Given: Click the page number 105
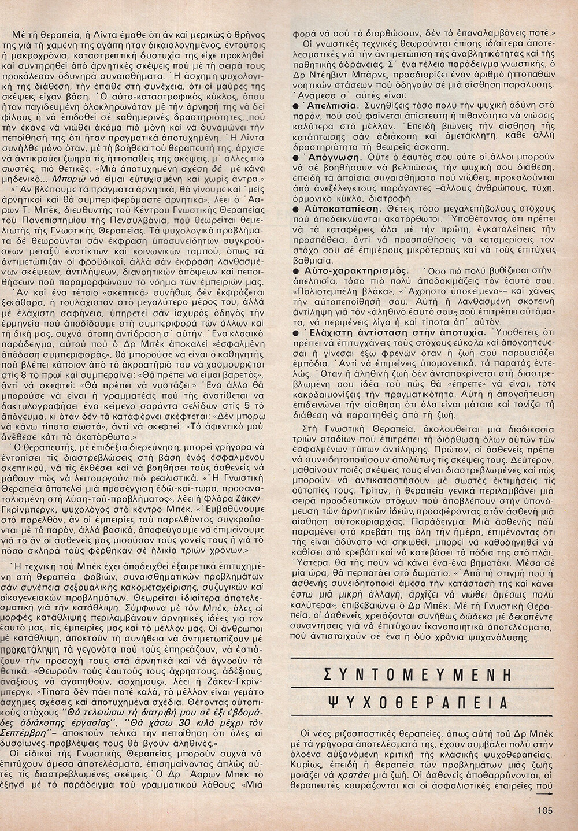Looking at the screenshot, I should click(546, 810).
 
